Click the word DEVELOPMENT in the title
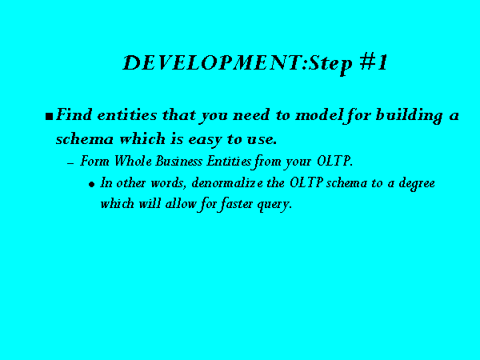tap(213, 62)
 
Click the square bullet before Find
tap(49, 116)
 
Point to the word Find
tap(74, 114)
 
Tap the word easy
tap(205, 140)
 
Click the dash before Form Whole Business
tap(70, 163)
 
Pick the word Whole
tap(133, 161)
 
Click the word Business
tap(178, 161)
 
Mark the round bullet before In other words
tap(91, 184)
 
